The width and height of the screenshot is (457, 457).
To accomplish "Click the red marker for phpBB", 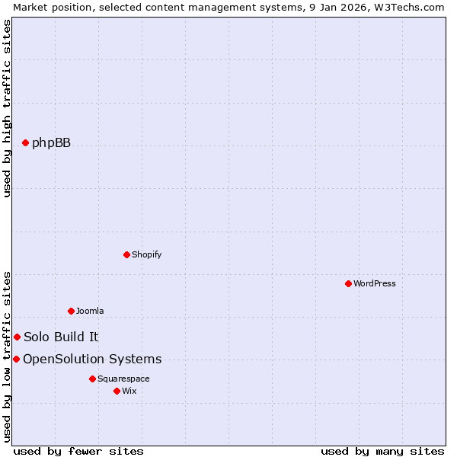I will coord(25,142).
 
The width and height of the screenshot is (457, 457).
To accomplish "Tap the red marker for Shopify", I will coord(126,254).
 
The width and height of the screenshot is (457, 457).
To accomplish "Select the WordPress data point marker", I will coord(348,283).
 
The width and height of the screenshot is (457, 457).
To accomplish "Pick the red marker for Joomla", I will coord(71,311).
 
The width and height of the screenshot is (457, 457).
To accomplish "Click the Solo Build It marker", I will coord(17,337).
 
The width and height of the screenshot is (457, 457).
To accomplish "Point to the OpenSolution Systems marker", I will coord(16,359).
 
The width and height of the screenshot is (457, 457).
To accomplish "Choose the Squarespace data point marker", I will coord(92,379).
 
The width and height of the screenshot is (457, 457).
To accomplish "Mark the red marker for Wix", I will coord(117,391).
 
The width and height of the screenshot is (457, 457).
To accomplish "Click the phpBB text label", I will coord(51,142).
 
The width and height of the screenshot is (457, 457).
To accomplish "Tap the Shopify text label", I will coord(146,254).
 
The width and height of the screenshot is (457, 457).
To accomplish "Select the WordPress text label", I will coord(374,283).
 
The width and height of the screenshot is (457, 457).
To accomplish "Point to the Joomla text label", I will coord(90,311).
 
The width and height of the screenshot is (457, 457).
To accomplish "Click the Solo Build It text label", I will coord(61,337).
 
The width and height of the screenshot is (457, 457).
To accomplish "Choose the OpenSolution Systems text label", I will coord(92,359).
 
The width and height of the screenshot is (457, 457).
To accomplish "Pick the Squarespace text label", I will coord(123,379).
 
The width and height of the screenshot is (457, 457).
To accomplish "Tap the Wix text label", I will coord(129,391).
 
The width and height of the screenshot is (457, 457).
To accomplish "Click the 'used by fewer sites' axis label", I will coord(78,451).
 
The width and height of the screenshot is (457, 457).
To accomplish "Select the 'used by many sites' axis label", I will coord(382,451).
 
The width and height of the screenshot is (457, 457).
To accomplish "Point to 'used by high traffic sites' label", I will coord(7,108).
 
